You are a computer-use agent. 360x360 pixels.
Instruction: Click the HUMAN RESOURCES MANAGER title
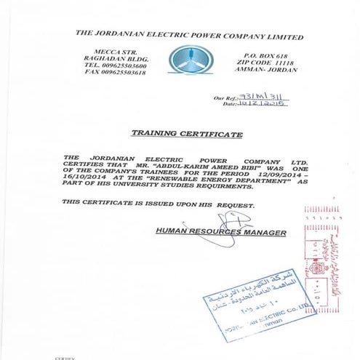[221, 232]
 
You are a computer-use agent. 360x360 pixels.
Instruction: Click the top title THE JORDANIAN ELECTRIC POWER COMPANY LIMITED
[189, 36]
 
